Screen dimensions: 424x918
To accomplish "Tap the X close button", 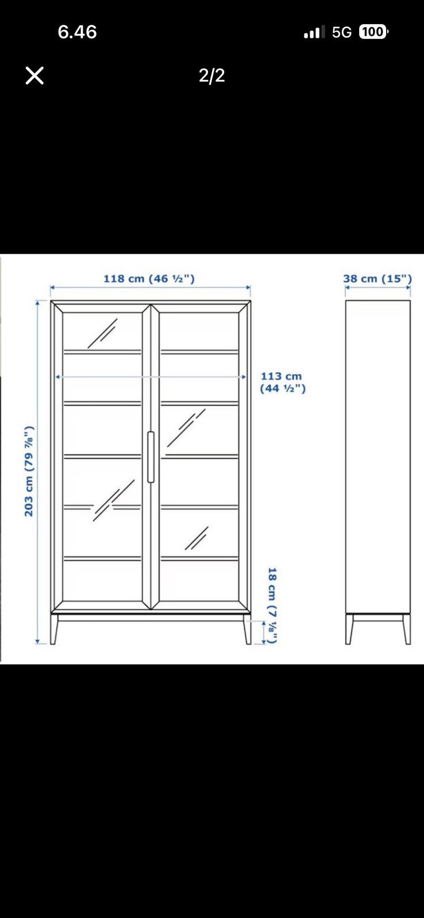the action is (x=34, y=76).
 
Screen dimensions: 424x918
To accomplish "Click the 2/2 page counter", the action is (x=212, y=75).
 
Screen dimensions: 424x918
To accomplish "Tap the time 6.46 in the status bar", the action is (x=77, y=32).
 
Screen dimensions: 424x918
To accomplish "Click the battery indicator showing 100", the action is (x=373, y=32).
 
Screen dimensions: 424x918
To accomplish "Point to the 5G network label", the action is (x=341, y=32).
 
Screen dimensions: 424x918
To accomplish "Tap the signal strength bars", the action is (x=314, y=32).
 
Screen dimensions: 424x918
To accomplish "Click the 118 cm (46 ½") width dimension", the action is (x=149, y=279).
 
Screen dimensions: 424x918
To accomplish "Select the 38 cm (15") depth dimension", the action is (x=377, y=279).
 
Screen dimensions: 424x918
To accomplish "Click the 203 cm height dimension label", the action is (x=29, y=471).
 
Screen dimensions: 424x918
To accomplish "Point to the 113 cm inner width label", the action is (x=283, y=382).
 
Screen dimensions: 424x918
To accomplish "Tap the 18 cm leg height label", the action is (x=272, y=605).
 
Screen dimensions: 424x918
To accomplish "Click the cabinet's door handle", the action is (x=151, y=457).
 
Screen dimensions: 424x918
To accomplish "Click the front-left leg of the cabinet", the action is (x=54, y=629).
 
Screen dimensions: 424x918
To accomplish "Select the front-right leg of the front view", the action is (x=247, y=629).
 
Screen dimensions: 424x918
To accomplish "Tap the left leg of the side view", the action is (x=349, y=629).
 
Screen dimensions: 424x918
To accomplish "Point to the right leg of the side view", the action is (x=406, y=629).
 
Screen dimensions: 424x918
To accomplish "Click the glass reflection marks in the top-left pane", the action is (x=102, y=333).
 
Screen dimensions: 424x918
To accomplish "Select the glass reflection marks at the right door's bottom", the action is (x=196, y=538).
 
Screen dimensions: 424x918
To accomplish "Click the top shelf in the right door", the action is (x=199, y=352).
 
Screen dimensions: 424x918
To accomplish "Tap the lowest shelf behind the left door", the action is (x=102, y=558).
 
